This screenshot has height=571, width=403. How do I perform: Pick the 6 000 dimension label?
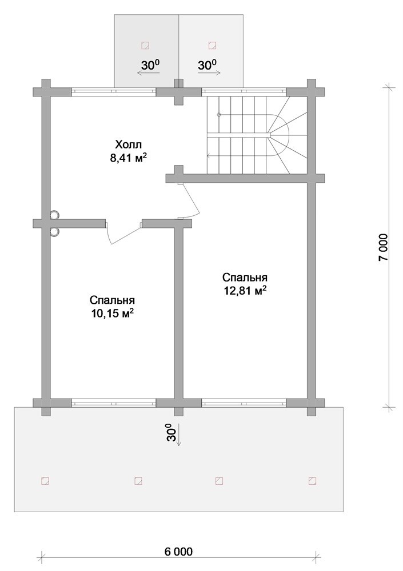click(178, 552)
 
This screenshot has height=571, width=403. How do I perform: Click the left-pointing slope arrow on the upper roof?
click(148, 73)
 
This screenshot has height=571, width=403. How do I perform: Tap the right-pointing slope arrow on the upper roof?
click(209, 73)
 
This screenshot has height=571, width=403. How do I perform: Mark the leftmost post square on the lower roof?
click(45, 481)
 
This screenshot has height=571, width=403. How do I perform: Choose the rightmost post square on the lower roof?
click(312, 481)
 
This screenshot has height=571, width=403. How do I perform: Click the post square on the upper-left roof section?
click(145, 45)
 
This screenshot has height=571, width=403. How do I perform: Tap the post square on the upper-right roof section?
click(212, 45)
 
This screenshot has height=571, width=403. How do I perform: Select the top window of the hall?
click(114, 91)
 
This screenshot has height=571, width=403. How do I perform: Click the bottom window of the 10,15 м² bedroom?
click(114, 403)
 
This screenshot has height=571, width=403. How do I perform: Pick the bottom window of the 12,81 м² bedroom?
click(244, 403)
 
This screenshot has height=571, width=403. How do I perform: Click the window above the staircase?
click(244, 91)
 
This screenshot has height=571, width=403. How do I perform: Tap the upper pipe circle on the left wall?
click(55, 215)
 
